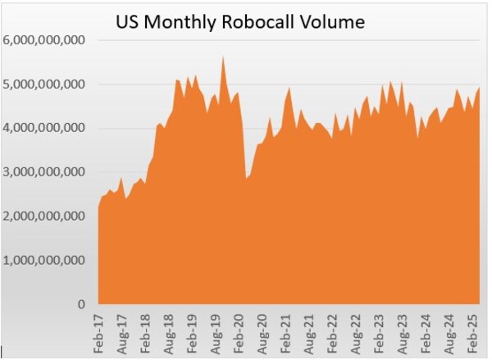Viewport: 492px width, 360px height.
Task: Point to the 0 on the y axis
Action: click(80, 305)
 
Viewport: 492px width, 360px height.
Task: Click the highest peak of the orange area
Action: click(223, 57)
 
